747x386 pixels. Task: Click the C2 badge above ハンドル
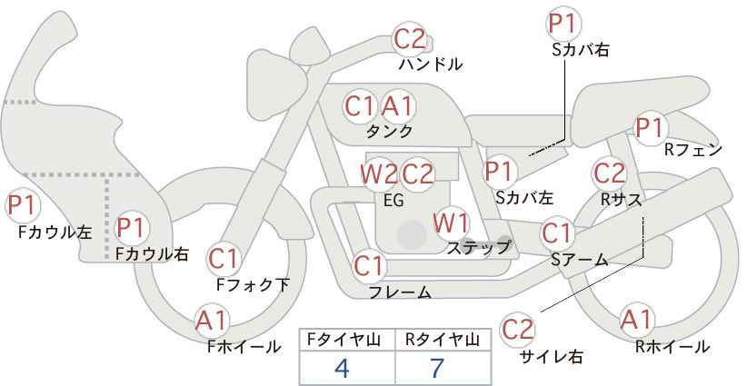409,39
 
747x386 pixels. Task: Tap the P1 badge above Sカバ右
563,24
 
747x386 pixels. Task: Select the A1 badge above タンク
397,106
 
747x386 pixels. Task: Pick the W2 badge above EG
378,173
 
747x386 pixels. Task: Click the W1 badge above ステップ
451,223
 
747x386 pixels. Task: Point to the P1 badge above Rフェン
649,129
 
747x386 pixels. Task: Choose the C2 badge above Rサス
609,173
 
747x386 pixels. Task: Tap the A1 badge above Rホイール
635,320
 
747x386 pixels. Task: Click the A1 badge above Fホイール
212,320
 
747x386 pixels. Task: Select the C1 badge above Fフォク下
223,260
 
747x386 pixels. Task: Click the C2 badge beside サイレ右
518,329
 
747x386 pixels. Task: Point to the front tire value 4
342,368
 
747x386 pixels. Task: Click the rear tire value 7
436,368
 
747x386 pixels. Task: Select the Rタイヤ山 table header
442,340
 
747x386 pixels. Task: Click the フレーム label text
400,292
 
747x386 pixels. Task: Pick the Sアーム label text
579,260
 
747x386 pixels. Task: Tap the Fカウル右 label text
152,254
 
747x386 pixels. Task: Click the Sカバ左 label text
524,196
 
